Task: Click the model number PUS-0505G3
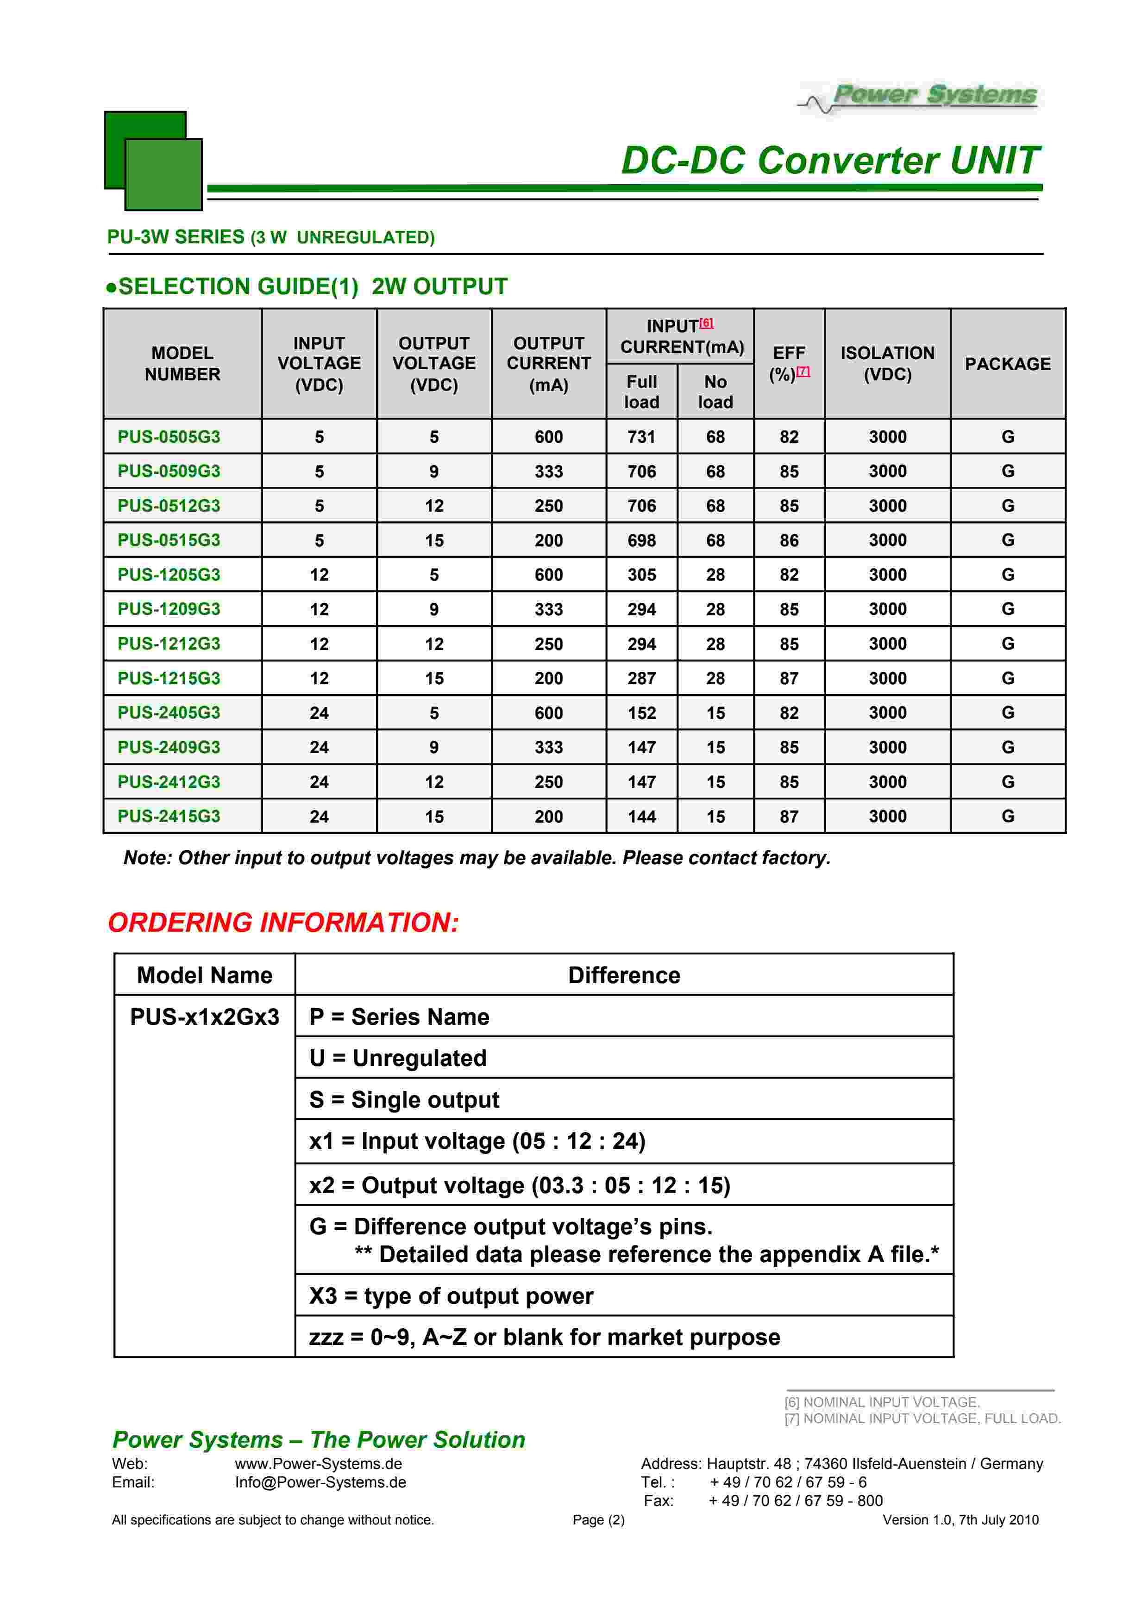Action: pyautogui.click(x=169, y=437)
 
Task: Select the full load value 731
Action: pyautogui.click(x=641, y=437)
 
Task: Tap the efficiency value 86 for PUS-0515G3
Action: pyautogui.click(x=789, y=540)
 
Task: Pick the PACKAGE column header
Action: pyautogui.click(x=1007, y=364)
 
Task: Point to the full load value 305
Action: pyautogui.click(x=641, y=575)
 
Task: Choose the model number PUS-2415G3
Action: pyautogui.click(x=169, y=817)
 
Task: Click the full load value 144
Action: pyautogui.click(x=641, y=817)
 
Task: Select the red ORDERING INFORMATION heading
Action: pyautogui.click(x=283, y=923)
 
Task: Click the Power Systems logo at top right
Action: pyautogui.click(x=920, y=98)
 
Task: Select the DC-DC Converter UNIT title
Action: pyautogui.click(x=830, y=161)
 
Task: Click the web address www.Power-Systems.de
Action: pyautogui.click(x=318, y=1464)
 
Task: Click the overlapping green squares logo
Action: pyautogui.click(x=153, y=161)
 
